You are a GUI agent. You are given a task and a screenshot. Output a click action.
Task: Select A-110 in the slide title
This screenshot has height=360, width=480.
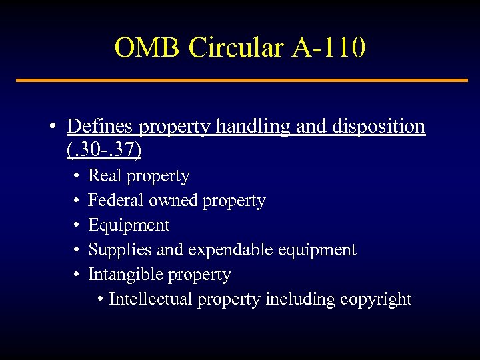pyautogui.click(x=327, y=47)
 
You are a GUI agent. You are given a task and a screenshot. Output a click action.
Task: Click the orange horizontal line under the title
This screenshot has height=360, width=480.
pyautogui.click(x=241, y=81)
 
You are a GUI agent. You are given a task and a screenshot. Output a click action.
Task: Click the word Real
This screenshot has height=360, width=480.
pyautogui.click(x=103, y=176)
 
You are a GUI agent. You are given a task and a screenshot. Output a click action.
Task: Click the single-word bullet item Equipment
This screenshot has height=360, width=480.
pyautogui.click(x=129, y=225)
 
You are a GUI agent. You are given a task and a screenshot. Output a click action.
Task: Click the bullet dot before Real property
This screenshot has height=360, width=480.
pyautogui.click(x=77, y=177)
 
